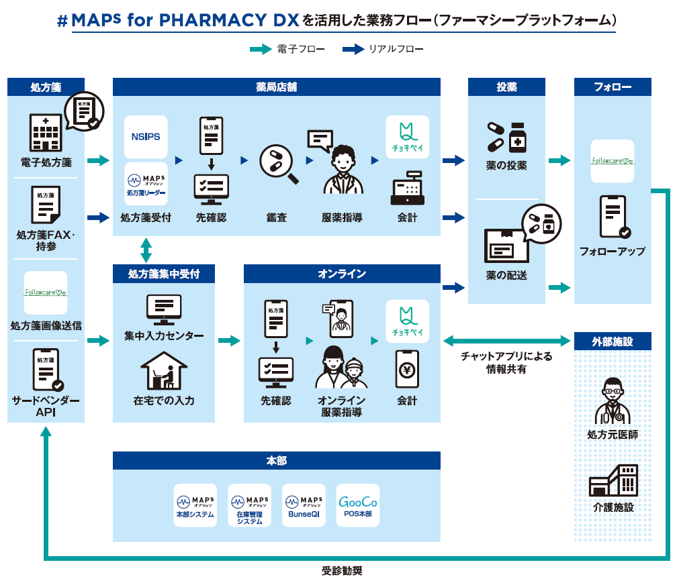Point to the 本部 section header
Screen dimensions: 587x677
276,461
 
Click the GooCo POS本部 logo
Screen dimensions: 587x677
357,505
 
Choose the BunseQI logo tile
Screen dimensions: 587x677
304,505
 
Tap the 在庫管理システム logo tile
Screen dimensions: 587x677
249,505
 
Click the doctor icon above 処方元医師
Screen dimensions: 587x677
613,401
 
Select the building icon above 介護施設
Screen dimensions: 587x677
613,480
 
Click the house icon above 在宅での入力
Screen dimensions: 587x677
164,371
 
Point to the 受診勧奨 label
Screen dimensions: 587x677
342,572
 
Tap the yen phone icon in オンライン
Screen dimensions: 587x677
407,369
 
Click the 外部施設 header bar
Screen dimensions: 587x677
613,341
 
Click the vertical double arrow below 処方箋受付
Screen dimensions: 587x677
146,250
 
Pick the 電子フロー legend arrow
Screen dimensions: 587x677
261,50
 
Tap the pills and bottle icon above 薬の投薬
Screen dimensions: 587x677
506,138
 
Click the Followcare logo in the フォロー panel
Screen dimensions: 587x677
613,161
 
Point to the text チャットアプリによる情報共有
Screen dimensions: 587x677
506,363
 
